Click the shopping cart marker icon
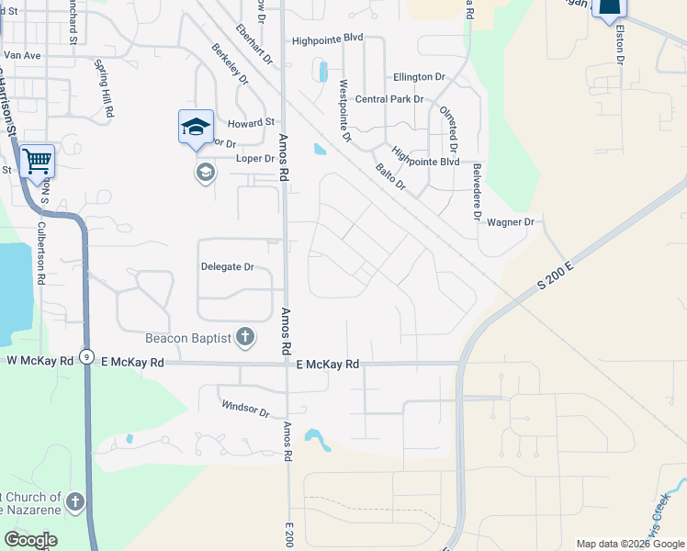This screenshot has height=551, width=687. click(x=37, y=162)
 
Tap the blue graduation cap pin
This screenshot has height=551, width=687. click(x=195, y=127)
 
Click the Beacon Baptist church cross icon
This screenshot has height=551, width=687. click(x=245, y=338)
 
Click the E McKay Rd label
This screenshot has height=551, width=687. click(x=328, y=365)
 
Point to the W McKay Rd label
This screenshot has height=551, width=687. click(x=39, y=362)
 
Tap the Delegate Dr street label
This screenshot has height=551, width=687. click(x=227, y=267)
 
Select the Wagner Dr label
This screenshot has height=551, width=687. click(x=511, y=222)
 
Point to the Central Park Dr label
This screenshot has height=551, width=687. click(x=389, y=99)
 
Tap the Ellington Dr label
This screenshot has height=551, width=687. click(x=418, y=77)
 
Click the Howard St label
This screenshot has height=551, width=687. click(x=252, y=122)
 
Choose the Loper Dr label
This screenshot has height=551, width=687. click(x=255, y=158)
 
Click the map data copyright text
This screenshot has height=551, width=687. click(x=630, y=544)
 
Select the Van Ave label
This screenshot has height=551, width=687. click(x=23, y=55)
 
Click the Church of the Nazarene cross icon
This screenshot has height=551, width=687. click(x=75, y=502)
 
